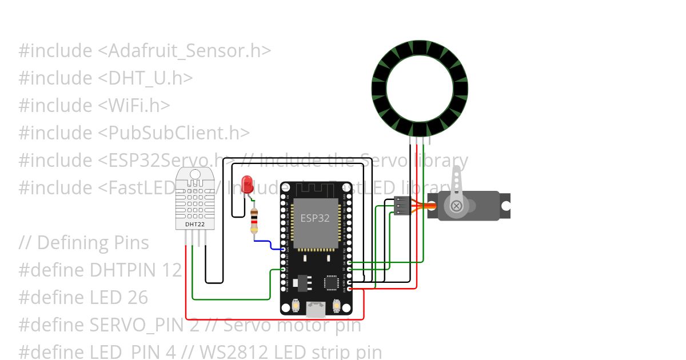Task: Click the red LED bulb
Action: click(x=248, y=183)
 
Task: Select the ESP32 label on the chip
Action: click(x=315, y=218)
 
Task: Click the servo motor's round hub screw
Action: click(x=456, y=206)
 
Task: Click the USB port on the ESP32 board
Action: click(x=315, y=309)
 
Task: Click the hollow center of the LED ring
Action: click(x=420, y=89)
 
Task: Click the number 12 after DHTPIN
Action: click(x=169, y=270)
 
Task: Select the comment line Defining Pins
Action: click(x=93, y=242)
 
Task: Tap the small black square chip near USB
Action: click(x=331, y=282)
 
